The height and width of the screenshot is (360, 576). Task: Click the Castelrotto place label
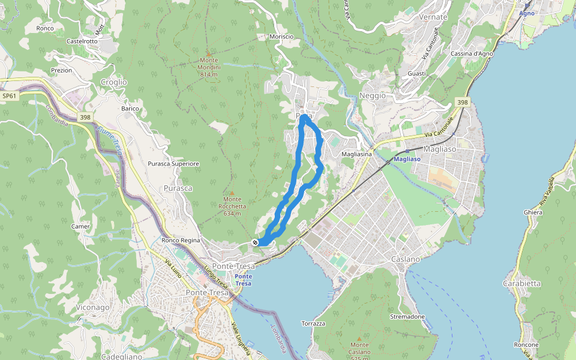point(82,41)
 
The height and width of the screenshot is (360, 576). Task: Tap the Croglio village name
point(114,82)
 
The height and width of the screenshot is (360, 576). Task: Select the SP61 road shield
point(8,95)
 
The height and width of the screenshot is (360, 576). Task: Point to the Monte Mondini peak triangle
point(209,55)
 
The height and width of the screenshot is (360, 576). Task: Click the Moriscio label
point(281,37)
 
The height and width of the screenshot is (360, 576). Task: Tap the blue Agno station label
point(526,13)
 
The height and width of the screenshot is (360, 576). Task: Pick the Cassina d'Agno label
point(472,54)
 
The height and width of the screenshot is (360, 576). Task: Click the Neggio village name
point(372,96)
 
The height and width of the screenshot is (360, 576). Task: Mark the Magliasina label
point(356,154)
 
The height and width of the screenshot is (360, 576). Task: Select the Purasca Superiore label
point(173,163)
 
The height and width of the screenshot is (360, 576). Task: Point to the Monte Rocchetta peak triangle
point(232,193)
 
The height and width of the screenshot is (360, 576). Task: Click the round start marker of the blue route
point(256,242)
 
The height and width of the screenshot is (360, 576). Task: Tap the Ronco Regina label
point(181,241)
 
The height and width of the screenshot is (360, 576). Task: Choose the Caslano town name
point(405,259)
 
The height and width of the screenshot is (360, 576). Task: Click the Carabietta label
point(522,283)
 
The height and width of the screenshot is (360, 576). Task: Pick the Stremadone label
point(407,316)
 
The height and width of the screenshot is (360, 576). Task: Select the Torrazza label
point(314,323)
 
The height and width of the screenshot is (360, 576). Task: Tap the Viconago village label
point(93,307)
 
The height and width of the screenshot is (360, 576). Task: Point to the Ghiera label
point(533,212)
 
